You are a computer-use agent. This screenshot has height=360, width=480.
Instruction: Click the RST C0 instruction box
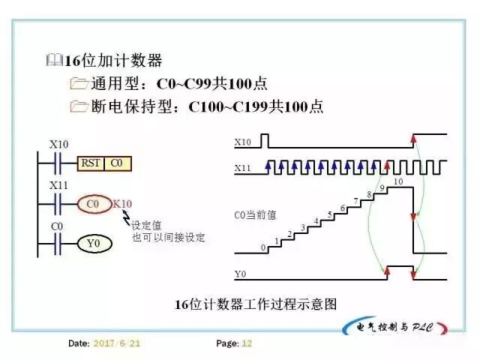(x=103, y=163)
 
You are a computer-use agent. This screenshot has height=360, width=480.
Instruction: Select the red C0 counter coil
(x=93, y=203)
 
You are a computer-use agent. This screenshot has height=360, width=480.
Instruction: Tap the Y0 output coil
(x=93, y=244)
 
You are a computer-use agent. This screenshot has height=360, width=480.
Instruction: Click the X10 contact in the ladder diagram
(x=58, y=161)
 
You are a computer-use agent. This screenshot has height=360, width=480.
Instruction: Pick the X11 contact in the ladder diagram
(x=58, y=202)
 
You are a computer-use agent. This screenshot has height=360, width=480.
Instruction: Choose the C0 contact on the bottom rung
(x=58, y=243)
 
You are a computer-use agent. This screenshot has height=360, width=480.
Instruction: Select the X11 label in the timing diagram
(x=242, y=169)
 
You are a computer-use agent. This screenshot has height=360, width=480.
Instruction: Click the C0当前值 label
(x=255, y=214)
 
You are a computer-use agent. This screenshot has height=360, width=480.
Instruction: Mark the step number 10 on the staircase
(x=397, y=181)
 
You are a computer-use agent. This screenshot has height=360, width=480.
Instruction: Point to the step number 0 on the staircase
(x=262, y=247)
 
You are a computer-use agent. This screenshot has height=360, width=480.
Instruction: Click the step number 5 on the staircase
(x=329, y=214)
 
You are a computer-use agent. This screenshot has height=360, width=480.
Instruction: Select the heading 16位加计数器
(x=113, y=61)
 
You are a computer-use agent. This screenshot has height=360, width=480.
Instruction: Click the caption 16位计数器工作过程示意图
(x=256, y=304)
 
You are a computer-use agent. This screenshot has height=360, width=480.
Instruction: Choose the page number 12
(x=247, y=343)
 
